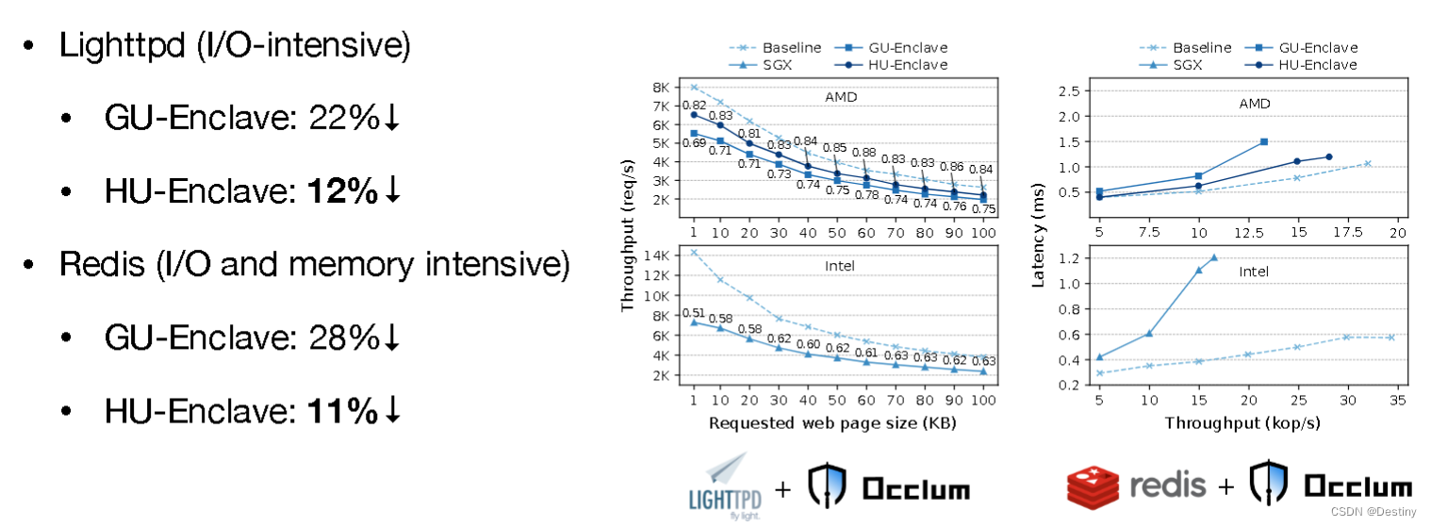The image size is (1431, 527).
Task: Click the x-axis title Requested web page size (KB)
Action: pos(832,422)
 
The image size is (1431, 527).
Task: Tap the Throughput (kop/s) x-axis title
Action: pos(1242,422)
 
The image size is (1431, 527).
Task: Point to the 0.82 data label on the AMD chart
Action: pos(694,106)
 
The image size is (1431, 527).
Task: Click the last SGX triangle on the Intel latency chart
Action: pos(1214,256)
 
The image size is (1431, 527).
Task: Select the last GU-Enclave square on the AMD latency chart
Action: pos(1263,141)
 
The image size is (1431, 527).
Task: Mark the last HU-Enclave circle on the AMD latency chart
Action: pos(1329,156)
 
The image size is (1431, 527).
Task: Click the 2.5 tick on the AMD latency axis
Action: pos(1067,91)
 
